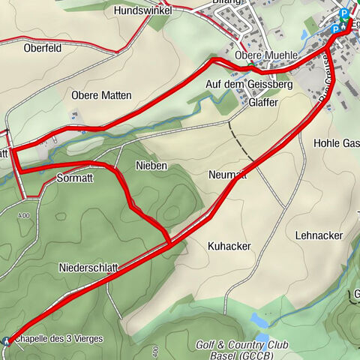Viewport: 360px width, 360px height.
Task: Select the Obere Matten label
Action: [101, 95]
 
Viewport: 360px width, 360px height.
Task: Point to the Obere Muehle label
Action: [267, 56]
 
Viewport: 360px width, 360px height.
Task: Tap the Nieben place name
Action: [151, 165]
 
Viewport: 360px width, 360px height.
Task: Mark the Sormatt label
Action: [74, 179]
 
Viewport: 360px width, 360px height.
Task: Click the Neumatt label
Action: [227, 175]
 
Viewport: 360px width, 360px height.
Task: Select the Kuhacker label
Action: [229, 246]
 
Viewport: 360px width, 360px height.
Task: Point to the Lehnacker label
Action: [319, 235]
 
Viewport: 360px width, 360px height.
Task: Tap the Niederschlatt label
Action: [88, 267]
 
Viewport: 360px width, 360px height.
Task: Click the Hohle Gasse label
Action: [337, 142]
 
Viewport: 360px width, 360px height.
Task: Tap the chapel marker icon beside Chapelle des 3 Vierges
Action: [7, 340]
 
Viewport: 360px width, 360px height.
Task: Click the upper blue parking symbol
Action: [344, 13]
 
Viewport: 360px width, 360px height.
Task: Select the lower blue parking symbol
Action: [335, 29]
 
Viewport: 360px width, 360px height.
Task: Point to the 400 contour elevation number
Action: [155, 351]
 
